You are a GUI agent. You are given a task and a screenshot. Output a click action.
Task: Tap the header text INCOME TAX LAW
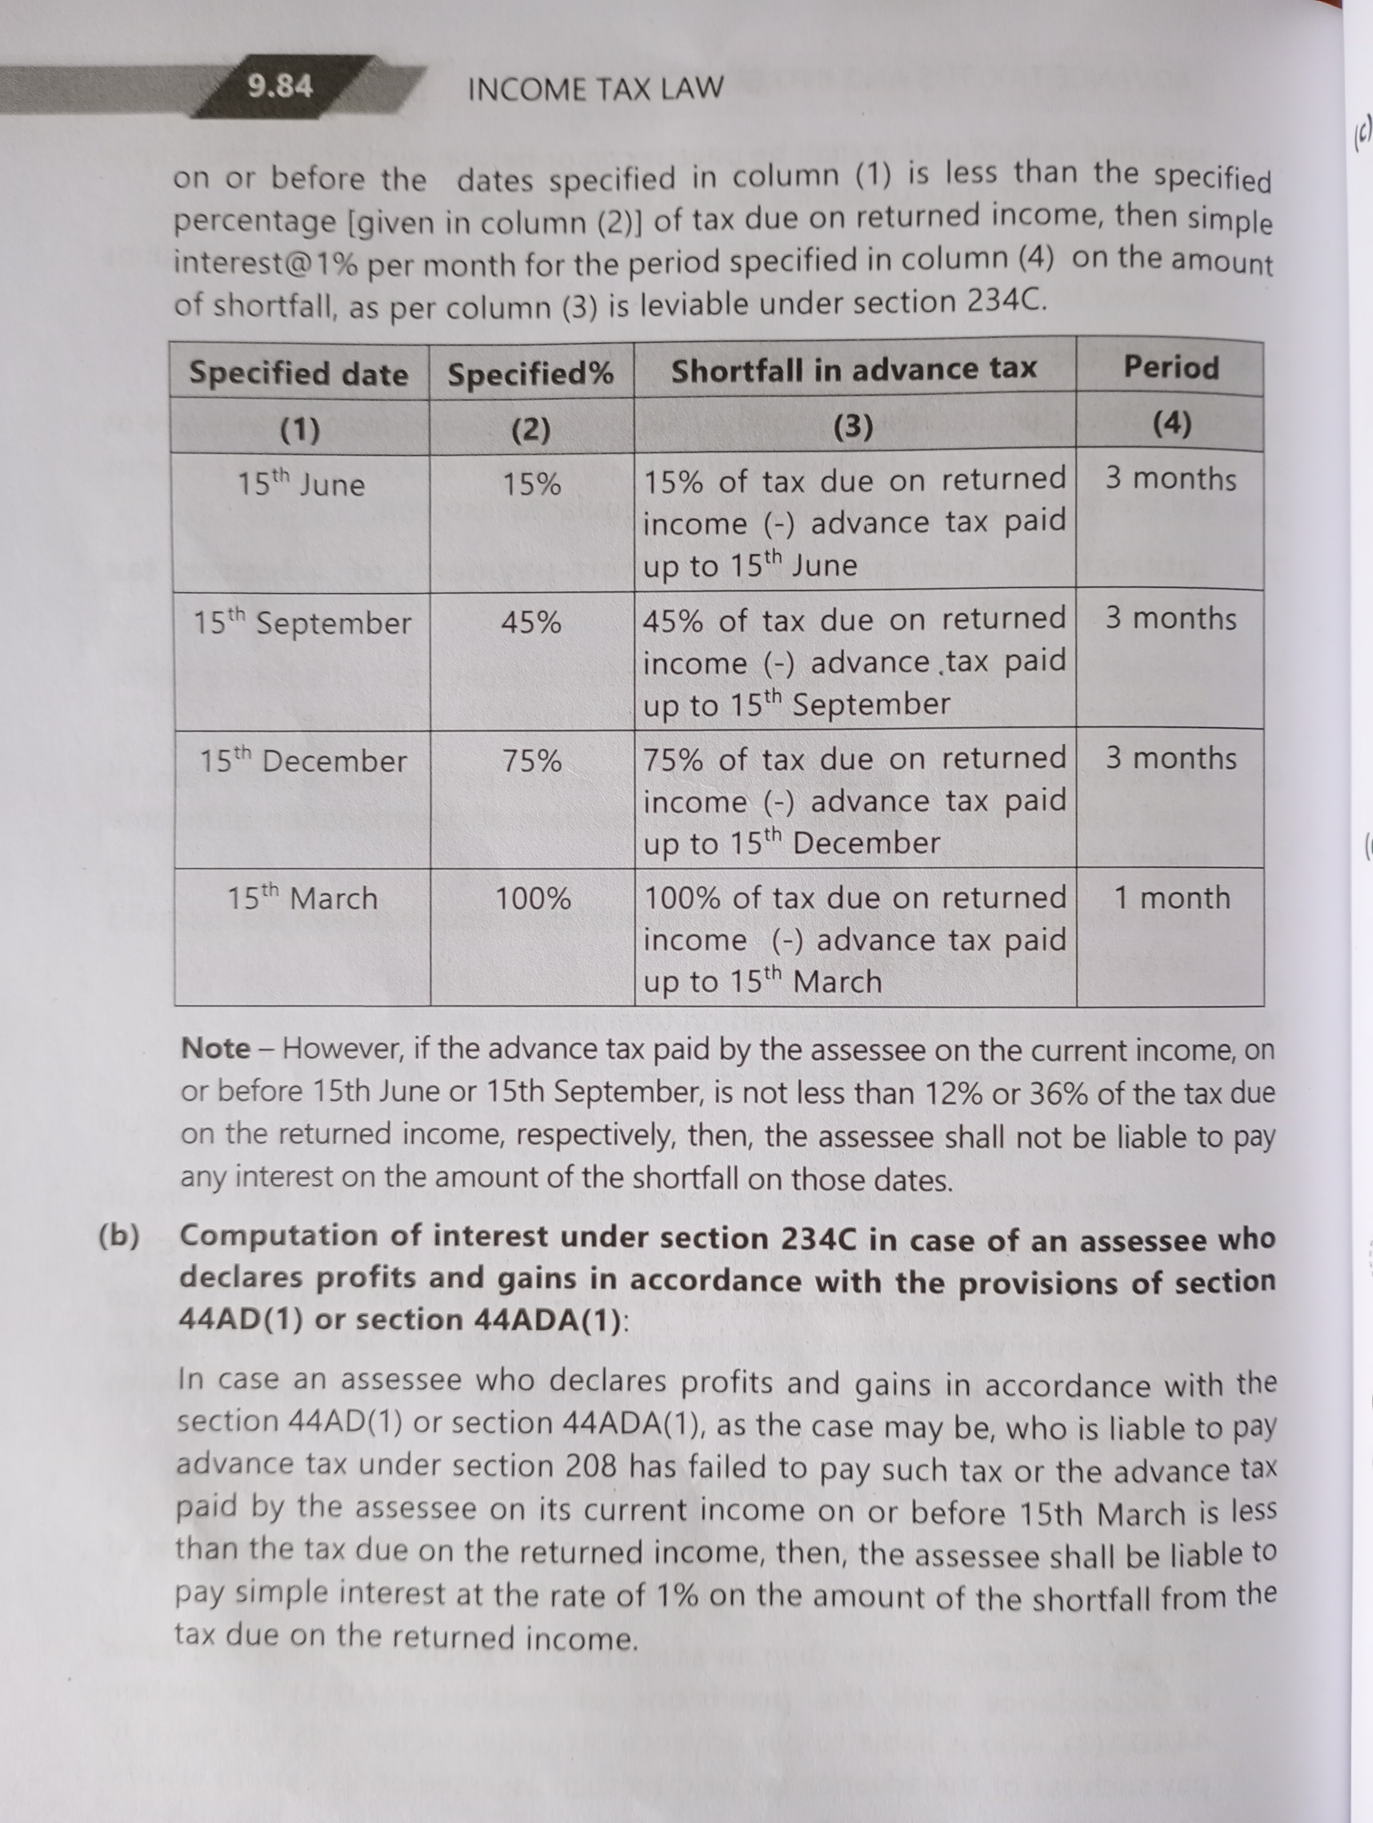[x=595, y=88]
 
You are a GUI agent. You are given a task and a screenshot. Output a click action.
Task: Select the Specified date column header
[x=299, y=374]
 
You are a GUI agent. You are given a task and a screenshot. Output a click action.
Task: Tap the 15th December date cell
[x=303, y=760]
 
